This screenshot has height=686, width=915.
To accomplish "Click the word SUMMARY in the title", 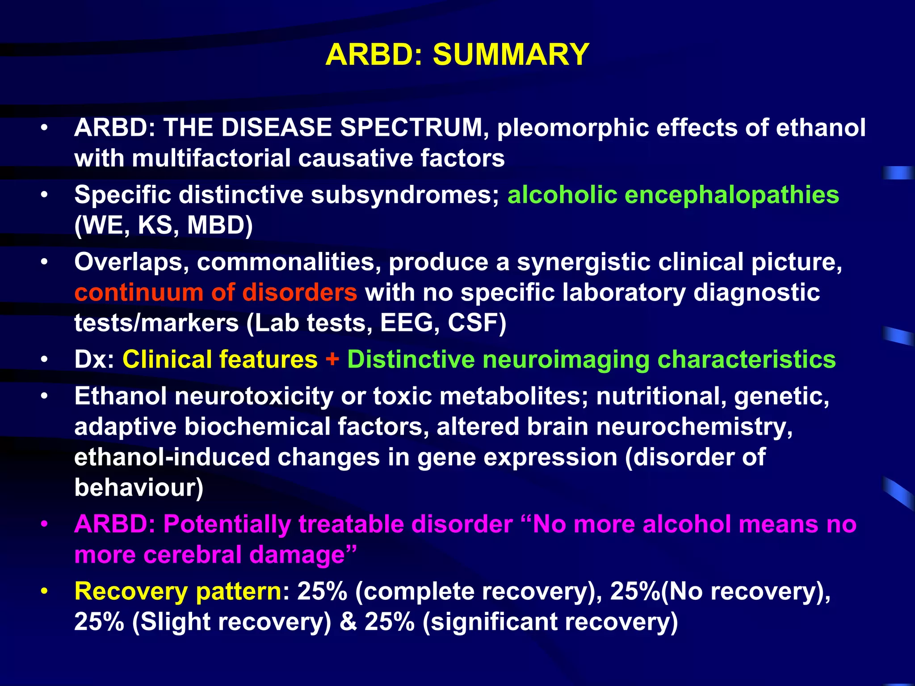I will click(x=511, y=54).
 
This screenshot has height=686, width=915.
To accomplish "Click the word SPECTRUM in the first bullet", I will click(x=411, y=128).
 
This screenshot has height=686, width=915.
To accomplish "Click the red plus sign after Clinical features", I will click(x=332, y=360).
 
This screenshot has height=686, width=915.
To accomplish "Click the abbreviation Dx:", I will click(x=94, y=360).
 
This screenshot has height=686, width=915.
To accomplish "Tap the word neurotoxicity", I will click(x=254, y=397).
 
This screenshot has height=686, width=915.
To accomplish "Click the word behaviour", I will click(x=138, y=488).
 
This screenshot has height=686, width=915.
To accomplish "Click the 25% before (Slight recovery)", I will click(x=99, y=622).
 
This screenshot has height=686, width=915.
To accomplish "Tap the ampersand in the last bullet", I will click(x=348, y=622).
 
